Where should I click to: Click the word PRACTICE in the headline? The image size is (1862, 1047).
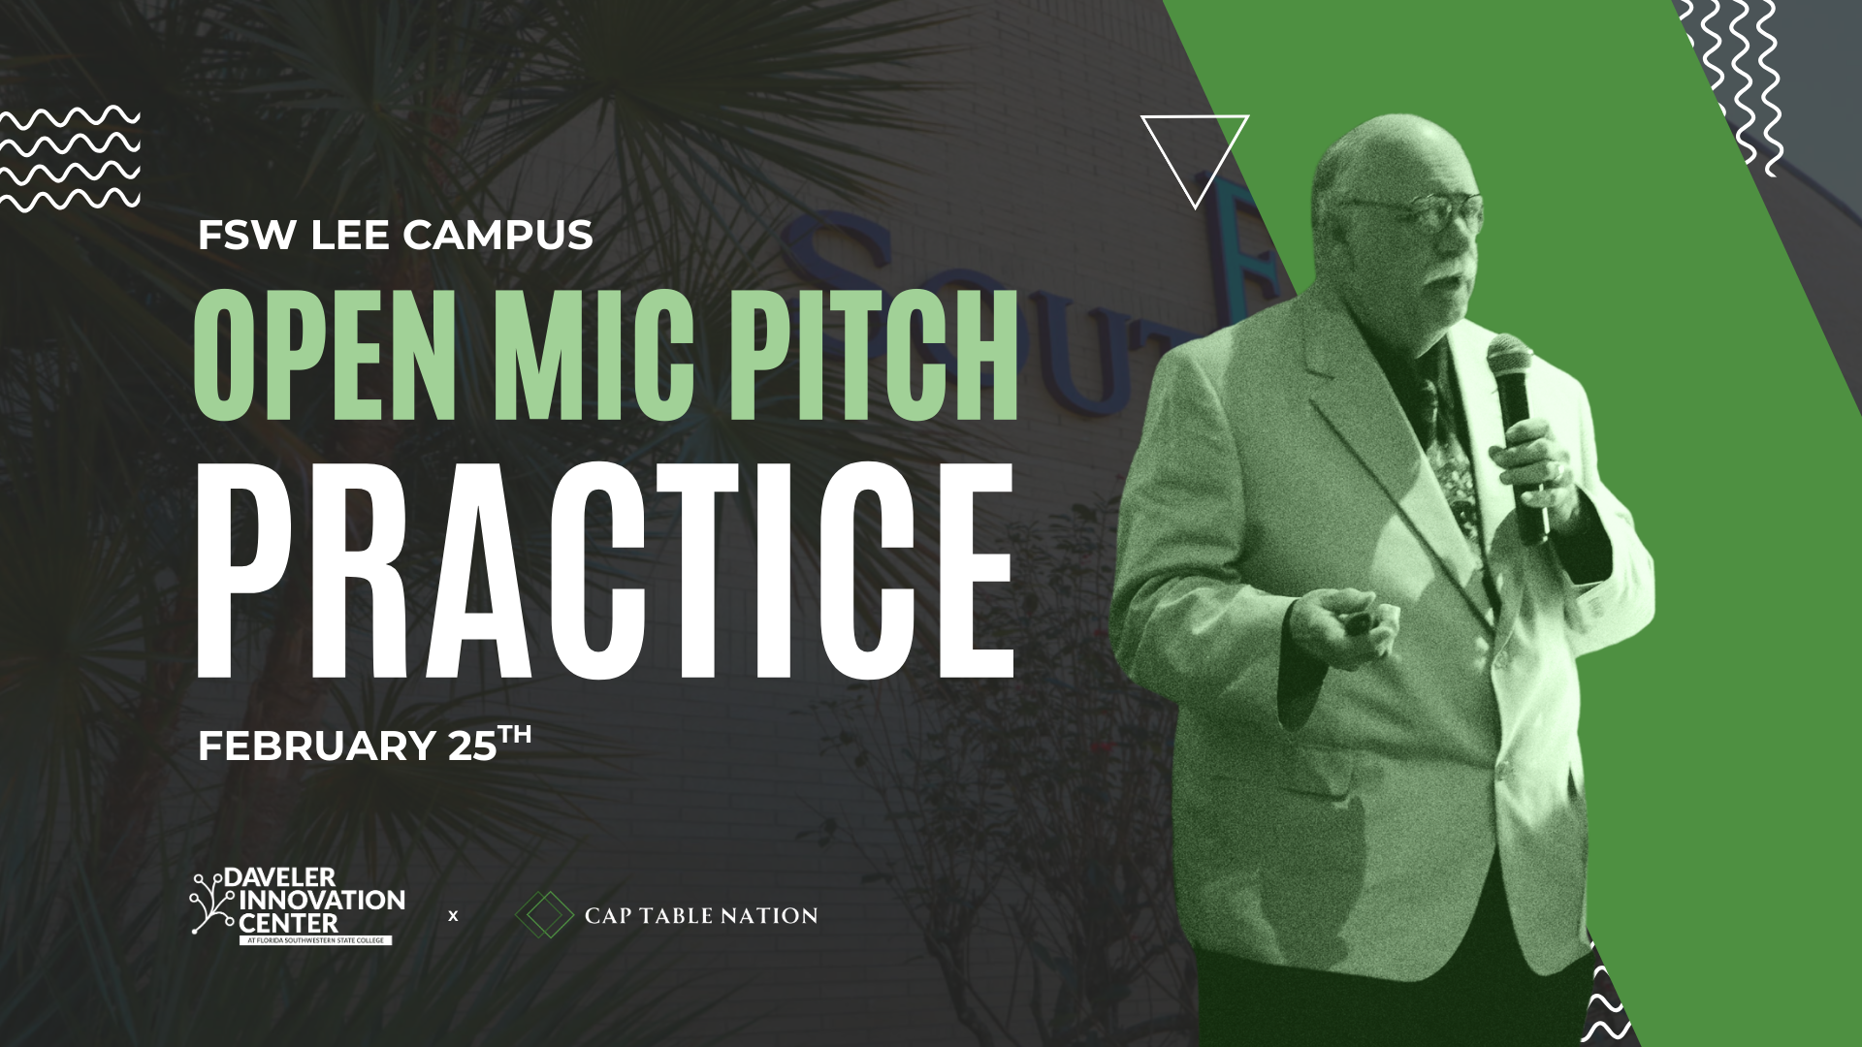[x=605, y=573]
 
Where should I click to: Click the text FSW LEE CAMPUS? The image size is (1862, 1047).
[x=395, y=235]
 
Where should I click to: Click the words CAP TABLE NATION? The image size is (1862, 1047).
[x=701, y=915]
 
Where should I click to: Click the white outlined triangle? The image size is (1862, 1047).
[x=1195, y=155]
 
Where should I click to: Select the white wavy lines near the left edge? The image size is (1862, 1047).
[x=71, y=160]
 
